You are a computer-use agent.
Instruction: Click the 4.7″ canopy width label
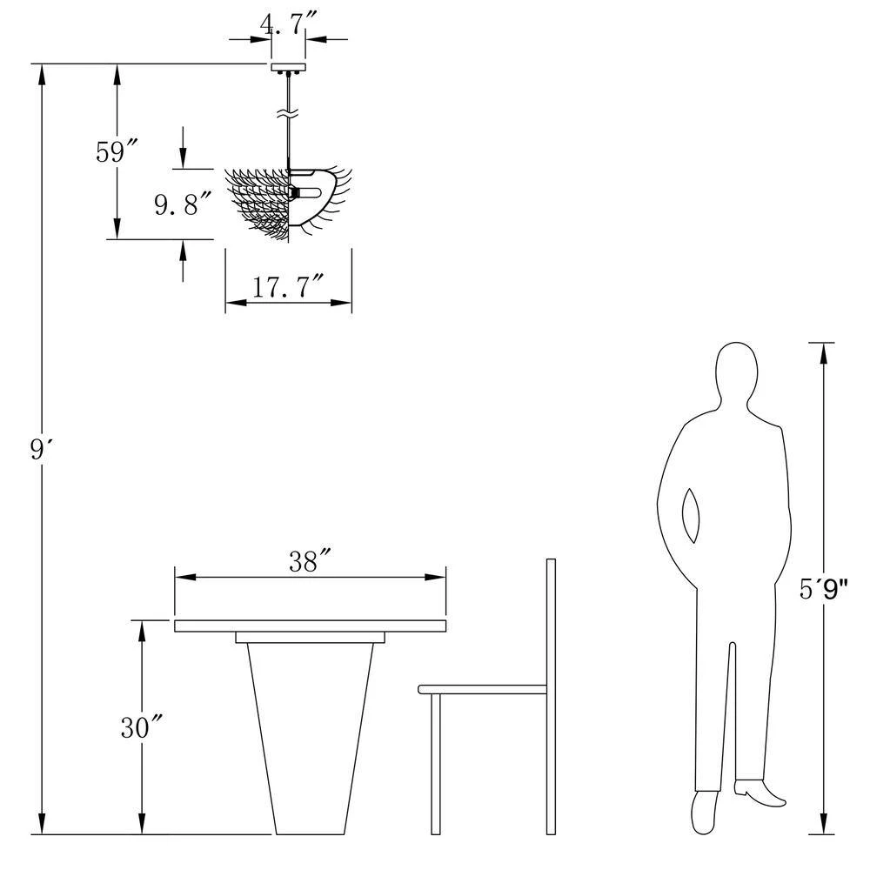pyautogui.click(x=288, y=24)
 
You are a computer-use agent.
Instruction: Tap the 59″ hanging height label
pyautogui.click(x=116, y=151)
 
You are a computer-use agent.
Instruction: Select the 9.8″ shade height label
pyautogui.click(x=183, y=204)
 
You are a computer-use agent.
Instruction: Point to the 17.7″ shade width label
pyautogui.click(x=287, y=287)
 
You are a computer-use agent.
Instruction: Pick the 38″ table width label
pyautogui.click(x=310, y=561)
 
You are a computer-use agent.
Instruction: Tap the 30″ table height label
pyautogui.click(x=142, y=726)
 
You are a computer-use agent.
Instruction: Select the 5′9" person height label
pyautogui.click(x=824, y=589)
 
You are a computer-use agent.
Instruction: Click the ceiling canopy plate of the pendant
pyautogui.click(x=289, y=67)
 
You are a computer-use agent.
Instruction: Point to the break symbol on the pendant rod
pyautogui.click(x=288, y=114)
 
